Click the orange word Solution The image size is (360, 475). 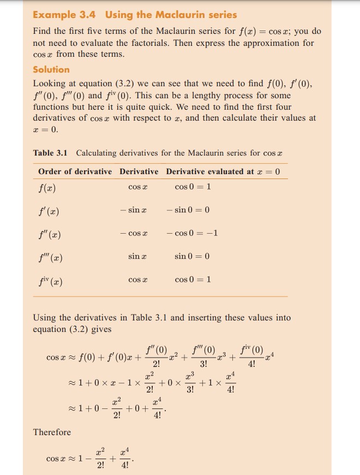click(x=51, y=69)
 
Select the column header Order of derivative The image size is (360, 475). click(x=75, y=171)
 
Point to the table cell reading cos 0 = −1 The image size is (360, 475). click(x=193, y=234)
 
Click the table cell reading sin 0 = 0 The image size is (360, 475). click(x=193, y=256)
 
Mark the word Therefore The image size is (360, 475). click(x=52, y=432)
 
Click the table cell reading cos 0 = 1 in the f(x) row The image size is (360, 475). click(x=193, y=187)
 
